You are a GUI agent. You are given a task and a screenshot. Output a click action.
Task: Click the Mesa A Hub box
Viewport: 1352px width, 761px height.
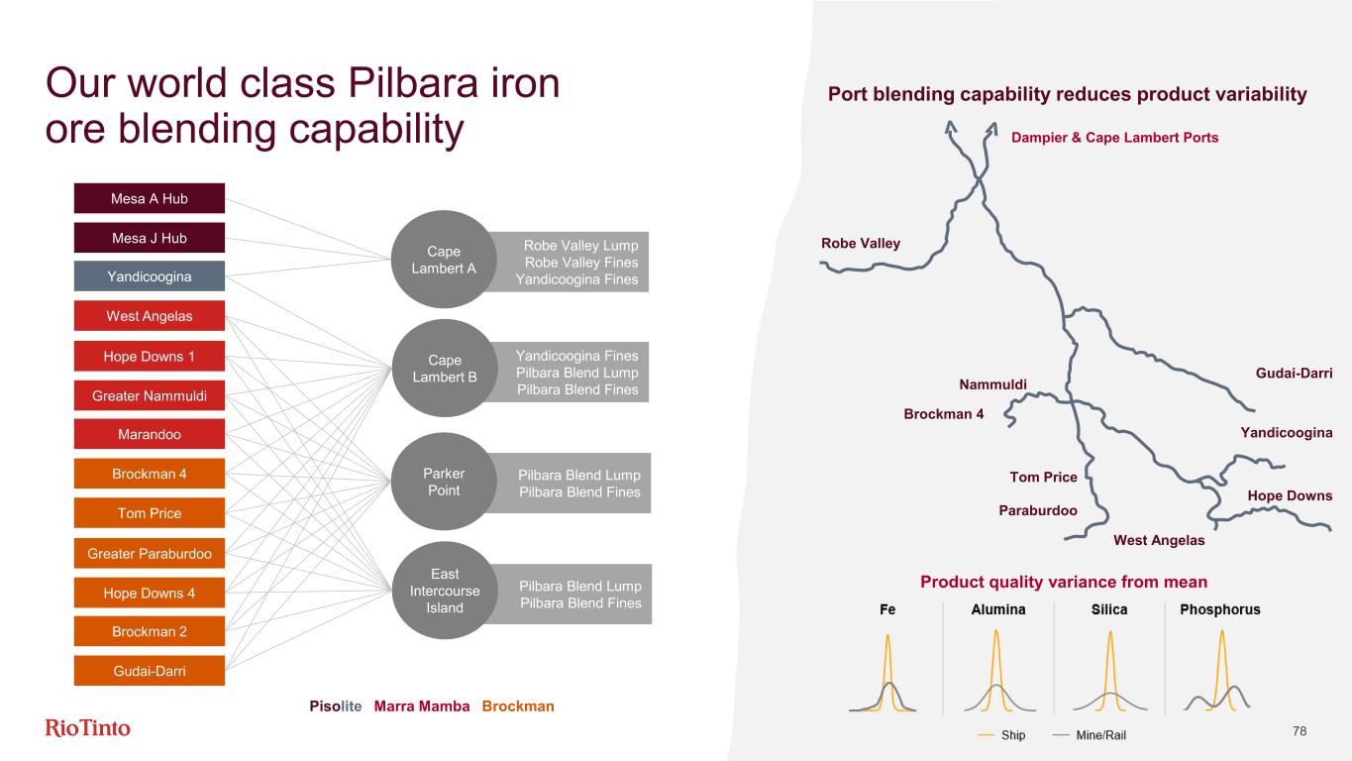tap(149, 198)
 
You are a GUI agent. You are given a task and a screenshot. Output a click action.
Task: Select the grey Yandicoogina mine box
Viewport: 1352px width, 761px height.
tap(149, 276)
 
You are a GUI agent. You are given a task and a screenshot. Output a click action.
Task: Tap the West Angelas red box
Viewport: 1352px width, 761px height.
tap(149, 316)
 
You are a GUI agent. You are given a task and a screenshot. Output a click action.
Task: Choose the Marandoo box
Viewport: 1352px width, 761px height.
tap(149, 434)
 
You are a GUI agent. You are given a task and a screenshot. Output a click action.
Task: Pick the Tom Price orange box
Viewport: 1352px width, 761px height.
tap(149, 513)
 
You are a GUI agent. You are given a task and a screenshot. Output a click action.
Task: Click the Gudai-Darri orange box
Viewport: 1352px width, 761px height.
tap(149, 671)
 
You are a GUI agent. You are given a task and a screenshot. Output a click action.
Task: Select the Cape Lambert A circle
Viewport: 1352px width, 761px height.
tap(444, 261)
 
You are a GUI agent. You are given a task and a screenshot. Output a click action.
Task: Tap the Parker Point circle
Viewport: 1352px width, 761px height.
tap(444, 483)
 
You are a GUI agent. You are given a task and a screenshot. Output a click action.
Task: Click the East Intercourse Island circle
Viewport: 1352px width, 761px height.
tap(444, 592)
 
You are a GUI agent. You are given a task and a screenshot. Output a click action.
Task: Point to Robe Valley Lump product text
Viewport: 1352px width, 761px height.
tap(580, 245)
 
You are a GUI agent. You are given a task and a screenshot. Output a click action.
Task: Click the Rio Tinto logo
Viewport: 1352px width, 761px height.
tap(88, 729)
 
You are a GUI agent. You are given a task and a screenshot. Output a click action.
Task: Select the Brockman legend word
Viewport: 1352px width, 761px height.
tap(517, 707)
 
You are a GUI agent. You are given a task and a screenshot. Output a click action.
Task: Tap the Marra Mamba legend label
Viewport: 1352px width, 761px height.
tap(422, 707)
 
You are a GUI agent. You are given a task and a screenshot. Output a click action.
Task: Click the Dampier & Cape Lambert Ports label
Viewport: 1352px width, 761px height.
tap(1114, 138)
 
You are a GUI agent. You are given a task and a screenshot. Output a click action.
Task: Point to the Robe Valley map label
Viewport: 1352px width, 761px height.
tap(861, 244)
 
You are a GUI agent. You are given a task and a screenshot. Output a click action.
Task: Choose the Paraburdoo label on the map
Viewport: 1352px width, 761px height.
tap(1038, 511)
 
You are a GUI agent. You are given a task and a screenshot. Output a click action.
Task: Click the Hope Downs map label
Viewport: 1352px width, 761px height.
tap(1290, 495)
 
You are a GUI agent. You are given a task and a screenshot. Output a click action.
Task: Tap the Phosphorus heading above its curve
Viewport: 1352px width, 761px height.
tap(1220, 609)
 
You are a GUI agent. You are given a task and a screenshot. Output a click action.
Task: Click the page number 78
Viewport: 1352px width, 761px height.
tap(1300, 731)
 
